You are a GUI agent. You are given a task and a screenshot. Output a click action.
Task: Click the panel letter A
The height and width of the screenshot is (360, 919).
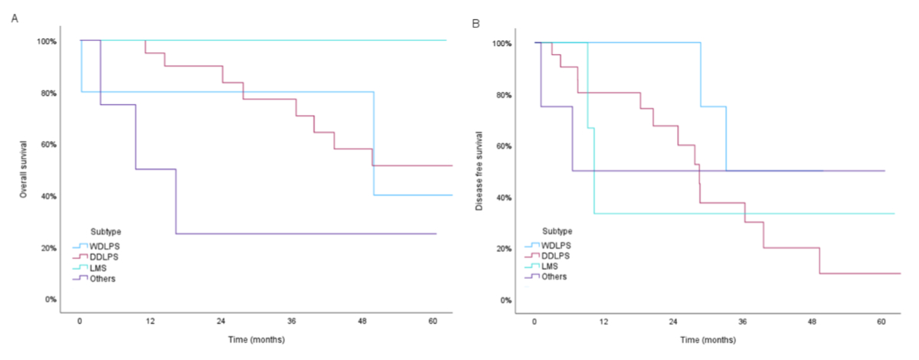click(x=14, y=17)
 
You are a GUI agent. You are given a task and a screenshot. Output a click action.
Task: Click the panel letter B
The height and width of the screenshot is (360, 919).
click(x=476, y=24)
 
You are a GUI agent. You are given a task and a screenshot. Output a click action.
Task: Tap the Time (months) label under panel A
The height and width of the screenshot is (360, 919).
click(x=256, y=338)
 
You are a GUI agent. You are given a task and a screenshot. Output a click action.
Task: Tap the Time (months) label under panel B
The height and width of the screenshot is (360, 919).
click(x=710, y=338)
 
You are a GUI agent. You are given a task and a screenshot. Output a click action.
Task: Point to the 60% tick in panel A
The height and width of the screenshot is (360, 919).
click(x=47, y=144)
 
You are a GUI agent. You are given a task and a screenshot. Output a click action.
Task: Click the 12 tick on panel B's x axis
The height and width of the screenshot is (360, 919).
click(x=603, y=321)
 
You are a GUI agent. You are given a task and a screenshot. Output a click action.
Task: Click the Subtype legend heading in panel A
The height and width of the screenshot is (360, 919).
click(x=105, y=230)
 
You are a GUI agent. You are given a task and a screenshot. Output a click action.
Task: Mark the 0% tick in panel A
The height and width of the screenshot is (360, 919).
click(x=49, y=299)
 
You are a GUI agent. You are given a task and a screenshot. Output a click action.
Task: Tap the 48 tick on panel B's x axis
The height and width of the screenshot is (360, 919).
click(x=812, y=321)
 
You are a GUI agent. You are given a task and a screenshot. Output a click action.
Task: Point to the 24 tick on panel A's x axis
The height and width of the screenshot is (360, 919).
click(x=220, y=321)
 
